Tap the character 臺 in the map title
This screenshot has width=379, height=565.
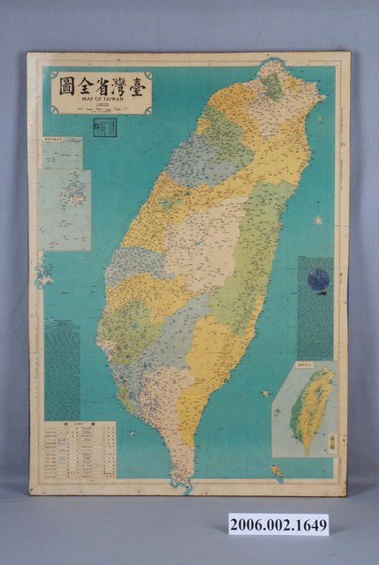coord(137,87)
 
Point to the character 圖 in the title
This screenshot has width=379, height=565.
coord(65,87)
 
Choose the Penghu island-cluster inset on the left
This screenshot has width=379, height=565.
coord(65,209)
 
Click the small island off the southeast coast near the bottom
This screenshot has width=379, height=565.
coord(277,470)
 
